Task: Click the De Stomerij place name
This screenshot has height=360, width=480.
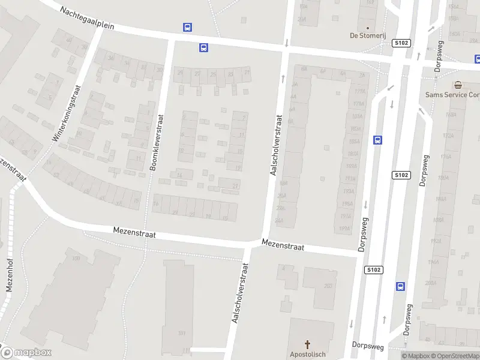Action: pos(367,35)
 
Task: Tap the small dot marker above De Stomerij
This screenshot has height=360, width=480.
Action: pos(367,27)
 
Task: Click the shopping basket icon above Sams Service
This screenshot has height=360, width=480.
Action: pos(458,85)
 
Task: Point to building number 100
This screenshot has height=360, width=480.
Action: pos(76,259)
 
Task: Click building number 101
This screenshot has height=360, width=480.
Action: pos(182,333)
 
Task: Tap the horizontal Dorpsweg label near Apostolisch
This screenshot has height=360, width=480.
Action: pos(367,345)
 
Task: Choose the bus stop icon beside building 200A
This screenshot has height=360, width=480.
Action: pos(400,286)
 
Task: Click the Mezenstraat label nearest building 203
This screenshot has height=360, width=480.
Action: pos(283,246)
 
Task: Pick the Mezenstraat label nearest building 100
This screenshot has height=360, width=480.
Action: pos(134,233)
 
